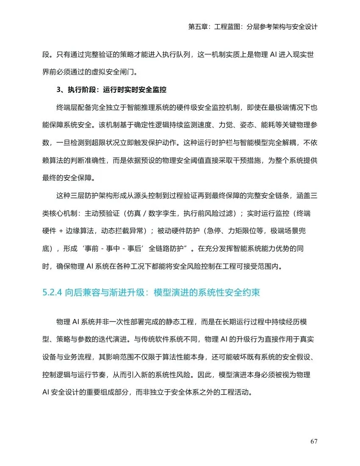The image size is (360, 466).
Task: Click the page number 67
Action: click(x=313, y=441)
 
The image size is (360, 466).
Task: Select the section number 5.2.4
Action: click(x=53, y=292)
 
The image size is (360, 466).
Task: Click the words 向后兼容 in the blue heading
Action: click(x=80, y=292)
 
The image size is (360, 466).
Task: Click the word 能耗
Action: click(x=261, y=125)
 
